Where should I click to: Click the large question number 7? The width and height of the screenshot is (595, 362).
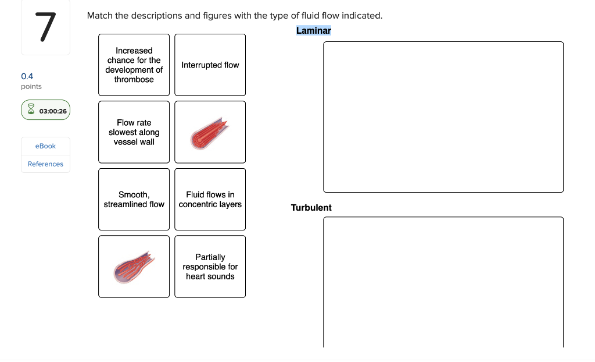click(45, 27)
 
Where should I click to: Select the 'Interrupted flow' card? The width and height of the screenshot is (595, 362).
click(210, 65)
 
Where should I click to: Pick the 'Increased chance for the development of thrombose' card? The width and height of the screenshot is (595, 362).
click(134, 65)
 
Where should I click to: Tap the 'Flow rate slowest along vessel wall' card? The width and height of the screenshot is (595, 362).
click(134, 132)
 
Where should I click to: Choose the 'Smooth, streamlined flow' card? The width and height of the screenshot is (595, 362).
click(134, 200)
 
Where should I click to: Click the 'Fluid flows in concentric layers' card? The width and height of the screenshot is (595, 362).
click(210, 200)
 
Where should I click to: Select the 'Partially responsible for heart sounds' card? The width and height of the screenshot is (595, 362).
click(210, 267)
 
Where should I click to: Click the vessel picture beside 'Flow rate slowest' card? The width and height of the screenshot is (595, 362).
click(210, 133)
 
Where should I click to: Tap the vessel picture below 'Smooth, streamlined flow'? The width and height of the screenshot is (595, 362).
click(134, 267)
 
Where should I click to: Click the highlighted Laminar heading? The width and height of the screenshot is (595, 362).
click(313, 30)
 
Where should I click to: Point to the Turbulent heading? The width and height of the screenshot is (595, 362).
click(311, 208)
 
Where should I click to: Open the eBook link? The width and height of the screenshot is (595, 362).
click(45, 146)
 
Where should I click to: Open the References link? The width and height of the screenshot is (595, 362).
click(45, 164)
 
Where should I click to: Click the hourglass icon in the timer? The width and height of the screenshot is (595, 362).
click(31, 111)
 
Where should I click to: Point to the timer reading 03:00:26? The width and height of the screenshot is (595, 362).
click(53, 111)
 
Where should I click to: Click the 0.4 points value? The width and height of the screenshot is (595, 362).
click(27, 76)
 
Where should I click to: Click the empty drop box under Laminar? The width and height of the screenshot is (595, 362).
click(443, 117)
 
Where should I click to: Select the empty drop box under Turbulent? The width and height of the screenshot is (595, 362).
click(443, 282)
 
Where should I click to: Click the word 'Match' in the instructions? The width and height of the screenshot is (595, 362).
click(99, 16)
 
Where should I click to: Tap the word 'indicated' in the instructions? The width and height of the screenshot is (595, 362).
click(363, 16)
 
